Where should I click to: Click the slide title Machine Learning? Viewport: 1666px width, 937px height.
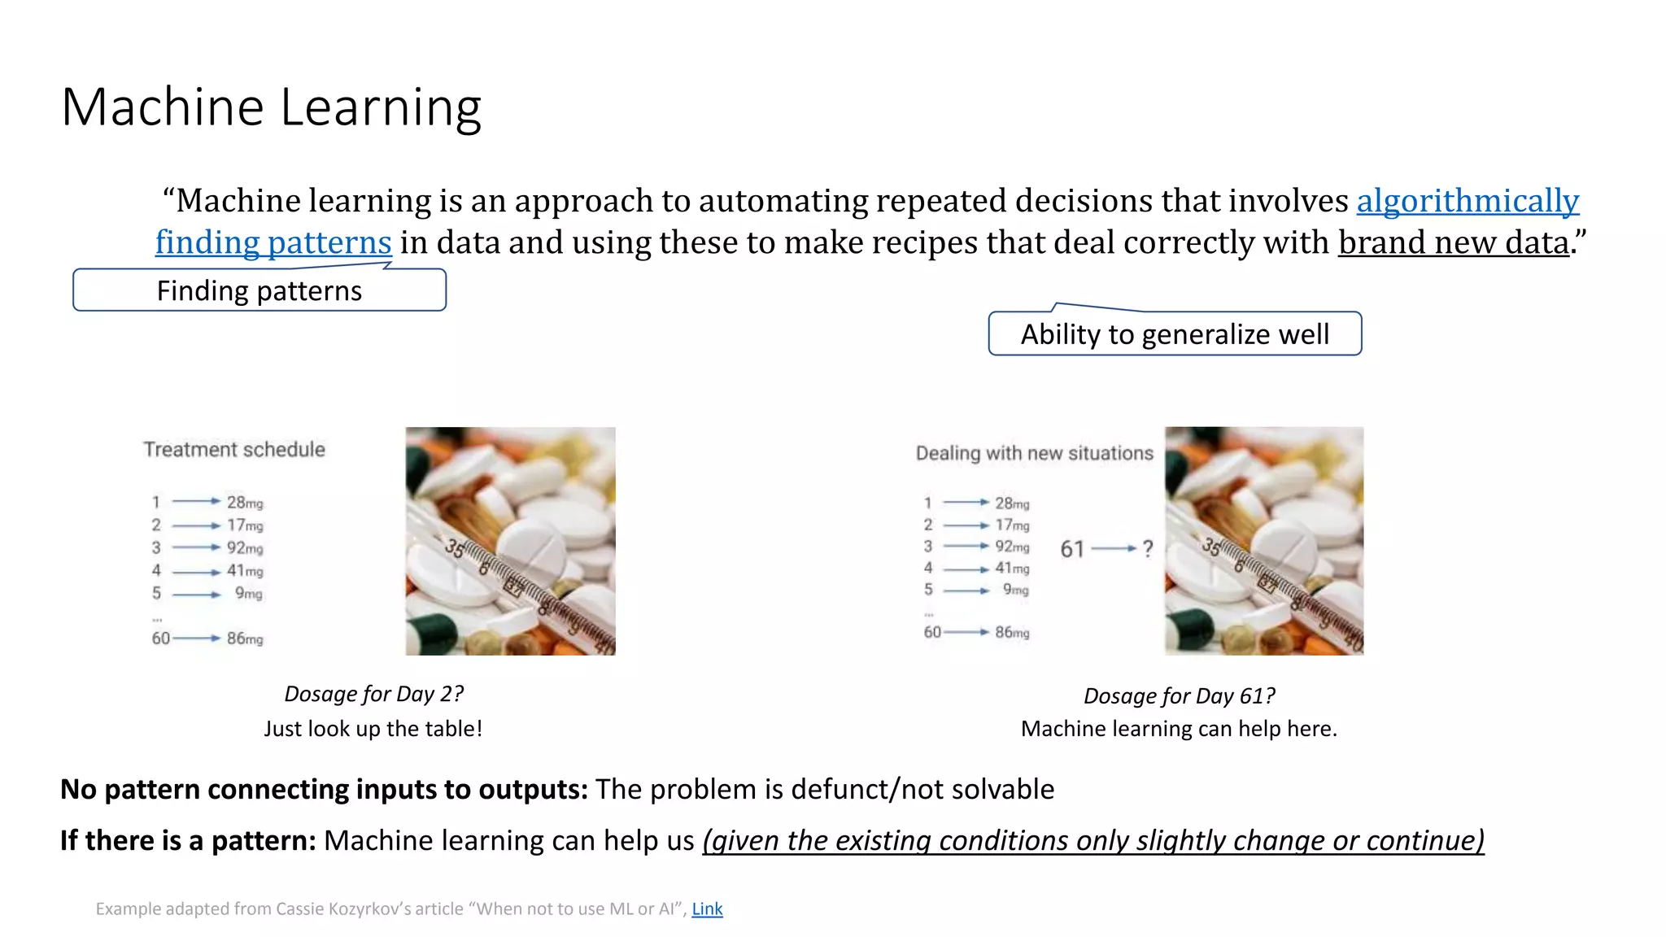pyautogui.click(x=272, y=107)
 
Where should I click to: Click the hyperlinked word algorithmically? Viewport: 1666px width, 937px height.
pyautogui.click(x=1468, y=201)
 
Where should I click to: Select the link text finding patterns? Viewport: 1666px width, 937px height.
pyautogui.click(x=273, y=242)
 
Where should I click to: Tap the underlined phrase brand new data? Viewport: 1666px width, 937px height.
pyautogui.click(x=1454, y=242)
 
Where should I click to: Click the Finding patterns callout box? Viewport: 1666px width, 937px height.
pyautogui.click(x=259, y=290)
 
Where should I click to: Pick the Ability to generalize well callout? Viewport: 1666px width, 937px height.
pyautogui.click(x=1175, y=334)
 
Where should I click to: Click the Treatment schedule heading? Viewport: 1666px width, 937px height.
pyautogui.click(x=234, y=450)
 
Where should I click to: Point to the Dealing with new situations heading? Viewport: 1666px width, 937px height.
pyautogui.click(x=1034, y=453)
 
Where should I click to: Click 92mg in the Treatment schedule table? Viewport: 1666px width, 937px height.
pyautogui.click(x=245, y=548)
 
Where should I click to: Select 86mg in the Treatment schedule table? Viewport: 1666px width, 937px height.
pyautogui.click(x=245, y=638)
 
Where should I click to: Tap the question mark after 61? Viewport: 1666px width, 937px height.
pyautogui.click(x=1147, y=549)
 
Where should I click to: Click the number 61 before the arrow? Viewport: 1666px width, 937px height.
pyautogui.click(x=1072, y=550)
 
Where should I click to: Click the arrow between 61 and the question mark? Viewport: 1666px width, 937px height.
pyautogui.click(x=1113, y=549)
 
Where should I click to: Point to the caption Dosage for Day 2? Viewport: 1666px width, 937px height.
pyautogui.click(x=373, y=694)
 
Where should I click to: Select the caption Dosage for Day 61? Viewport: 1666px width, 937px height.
pyautogui.click(x=1179, y=696)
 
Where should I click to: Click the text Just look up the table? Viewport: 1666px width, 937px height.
pyautogui.click(x=373, y=729)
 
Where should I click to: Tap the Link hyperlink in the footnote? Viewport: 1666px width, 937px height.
pyautogui.click(x=707, y=909)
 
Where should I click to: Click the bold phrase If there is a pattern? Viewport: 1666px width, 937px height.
pyautogui.click(x=188, y=840)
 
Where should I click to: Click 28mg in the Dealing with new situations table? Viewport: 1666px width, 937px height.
pyautogui.click(x=1012, y=503)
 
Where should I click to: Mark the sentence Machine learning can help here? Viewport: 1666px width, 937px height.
pyautogui.click(x=1179, y=729)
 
